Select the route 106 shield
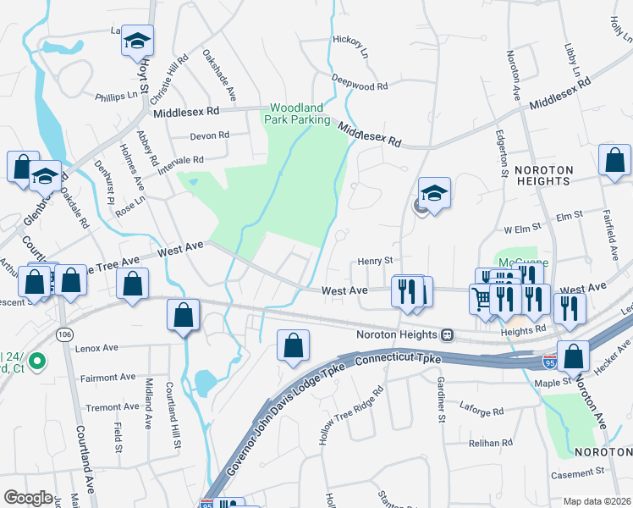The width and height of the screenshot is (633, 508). pyautogui.click(x=65, y=335)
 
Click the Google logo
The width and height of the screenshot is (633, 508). pyautogui.click(x=28, y=497)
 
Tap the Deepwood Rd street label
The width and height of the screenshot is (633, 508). pyautogui.click(x=359, y=86)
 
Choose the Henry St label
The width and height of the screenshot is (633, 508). pyautogui.click(x=375, y=262)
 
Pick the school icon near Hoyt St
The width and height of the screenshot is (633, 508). pyautogui.click(x=136, y=41)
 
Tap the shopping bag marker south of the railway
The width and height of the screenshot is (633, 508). pyautogui.click(x=293, y=345)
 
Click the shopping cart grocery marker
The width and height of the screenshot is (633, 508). pyautogui.click(x=482, y=298)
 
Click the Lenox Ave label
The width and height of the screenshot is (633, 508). pyautogui.click(x=96, y=347)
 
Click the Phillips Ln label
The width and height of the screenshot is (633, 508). pyautogui.click(x=116, y=96)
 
